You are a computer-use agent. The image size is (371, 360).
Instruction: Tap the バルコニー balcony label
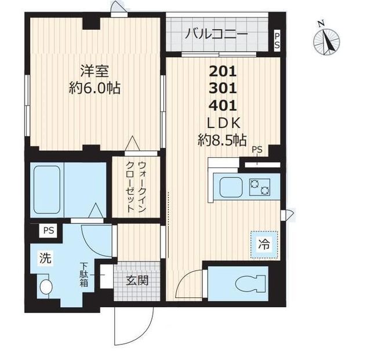(216, 34)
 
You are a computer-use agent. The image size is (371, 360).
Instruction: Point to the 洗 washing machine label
(45, 258)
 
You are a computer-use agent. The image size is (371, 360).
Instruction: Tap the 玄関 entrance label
(137, 281)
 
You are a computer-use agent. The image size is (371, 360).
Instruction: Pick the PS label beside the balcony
(277, 41)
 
